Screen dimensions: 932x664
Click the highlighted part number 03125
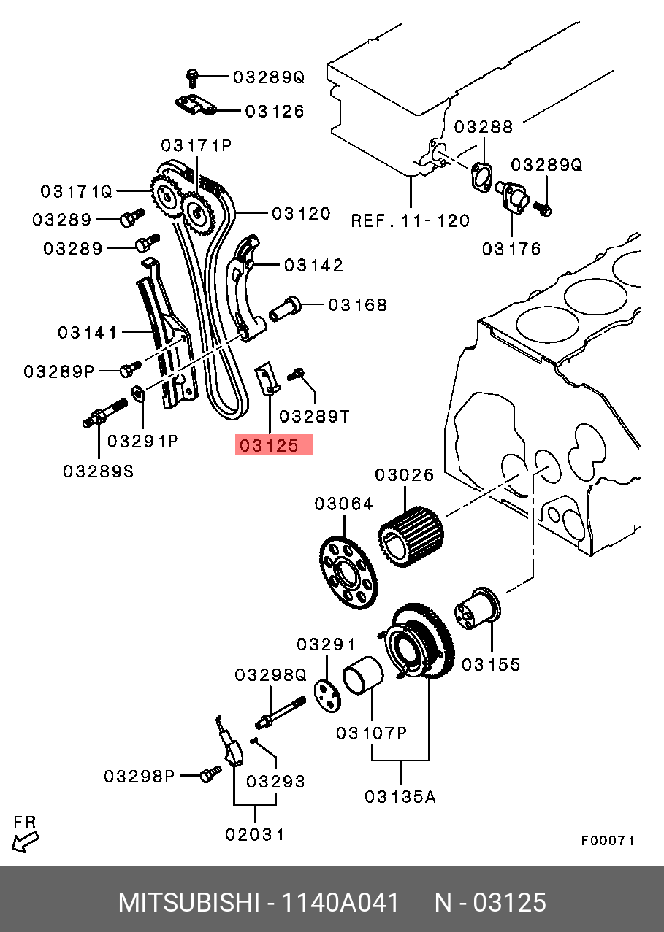click(273, 445)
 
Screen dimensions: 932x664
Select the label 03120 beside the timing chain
click(301, 214)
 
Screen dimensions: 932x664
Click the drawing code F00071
click(607, 840)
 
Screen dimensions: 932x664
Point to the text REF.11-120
click(411, 220)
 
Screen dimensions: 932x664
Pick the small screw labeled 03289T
click(297, 374)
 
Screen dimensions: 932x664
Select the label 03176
click(511, 249)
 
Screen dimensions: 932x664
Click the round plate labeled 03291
click(327, 692)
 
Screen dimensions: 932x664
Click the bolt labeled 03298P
click(209, 772)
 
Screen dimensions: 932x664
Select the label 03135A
click(400, 796)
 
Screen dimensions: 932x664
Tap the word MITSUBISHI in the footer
click(188, 903)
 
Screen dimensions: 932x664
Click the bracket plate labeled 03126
click(195, 107)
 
